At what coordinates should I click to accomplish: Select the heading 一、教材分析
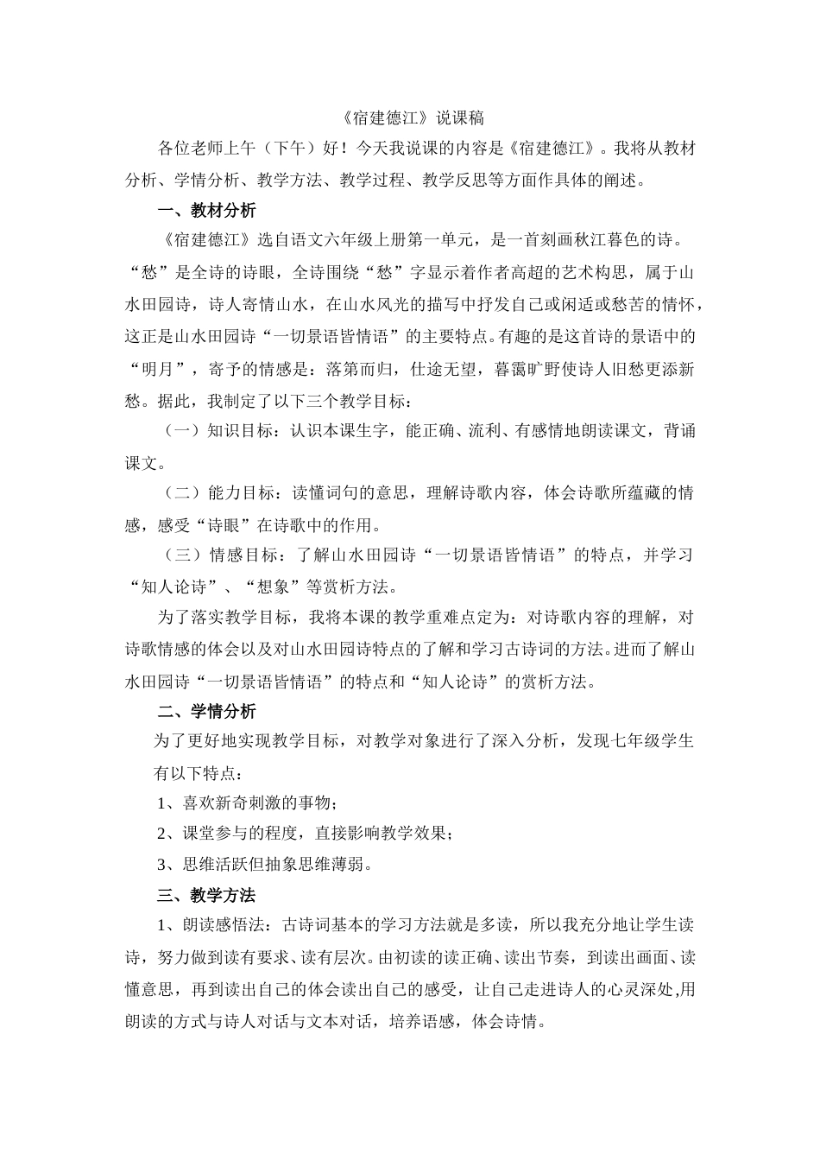[x=207, y=210]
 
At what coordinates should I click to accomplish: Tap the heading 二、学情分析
[x=207, y=712]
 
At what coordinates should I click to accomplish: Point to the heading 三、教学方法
[x=207, y=895]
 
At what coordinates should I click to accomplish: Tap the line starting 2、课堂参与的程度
[x=306, y=834]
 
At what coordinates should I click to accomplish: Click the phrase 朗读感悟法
[x=226, y=925]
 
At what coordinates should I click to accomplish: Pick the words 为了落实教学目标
[x=221, y=618]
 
